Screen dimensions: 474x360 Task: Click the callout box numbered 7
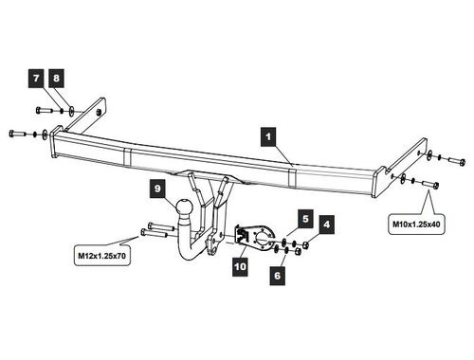tap(36, 78)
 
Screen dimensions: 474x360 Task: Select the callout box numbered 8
tap(56, 78)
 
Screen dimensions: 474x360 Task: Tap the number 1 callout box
tap(268, 136)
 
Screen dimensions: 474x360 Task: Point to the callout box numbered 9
tap(157, 189)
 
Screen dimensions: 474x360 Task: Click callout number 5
tap(305, 219)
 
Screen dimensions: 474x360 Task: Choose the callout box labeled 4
tap(326, 225)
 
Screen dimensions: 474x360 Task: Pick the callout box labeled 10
tap(240, 267)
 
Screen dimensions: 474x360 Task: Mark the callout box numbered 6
tap(278, 276)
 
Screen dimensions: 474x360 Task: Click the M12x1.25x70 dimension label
tap(102, 255)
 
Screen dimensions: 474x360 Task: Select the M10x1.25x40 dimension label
tap(416, 225)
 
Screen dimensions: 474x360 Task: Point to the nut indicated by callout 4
tap(305, 244)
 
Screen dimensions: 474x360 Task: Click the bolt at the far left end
tap(17, 133)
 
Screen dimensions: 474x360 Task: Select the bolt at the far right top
tap(456, 161)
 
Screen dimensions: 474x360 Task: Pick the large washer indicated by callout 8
tap(72, 111)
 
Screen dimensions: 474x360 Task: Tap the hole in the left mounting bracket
tap(99, 112)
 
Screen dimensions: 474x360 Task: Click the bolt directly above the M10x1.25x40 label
tap(430, 184)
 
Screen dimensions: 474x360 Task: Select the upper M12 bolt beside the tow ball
tap(160, 226)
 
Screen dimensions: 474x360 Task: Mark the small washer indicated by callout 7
tap(62, 111)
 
